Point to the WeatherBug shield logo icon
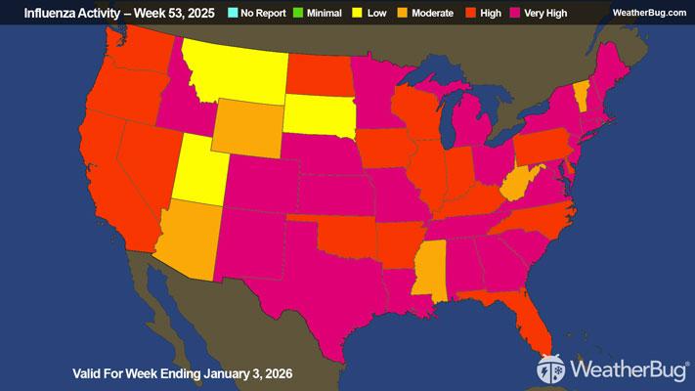coord(549,370)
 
